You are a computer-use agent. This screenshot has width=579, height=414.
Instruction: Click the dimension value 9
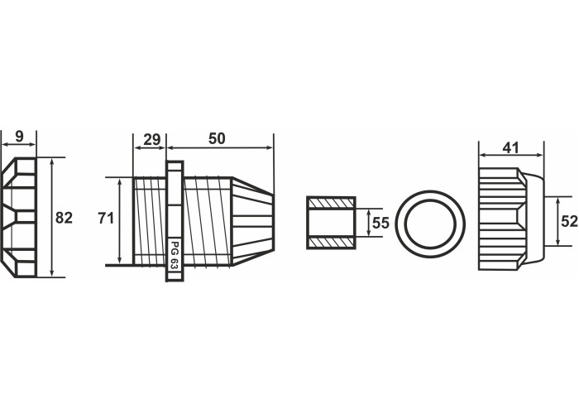[19, 137]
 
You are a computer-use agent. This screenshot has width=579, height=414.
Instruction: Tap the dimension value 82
[64, 218]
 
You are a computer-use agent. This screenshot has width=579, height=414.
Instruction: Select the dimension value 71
[106, 219]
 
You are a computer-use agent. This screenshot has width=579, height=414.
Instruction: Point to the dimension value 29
[151, 140]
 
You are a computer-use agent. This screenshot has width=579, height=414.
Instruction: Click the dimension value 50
[217, 138]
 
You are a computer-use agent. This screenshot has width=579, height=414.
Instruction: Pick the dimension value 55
[380, 223]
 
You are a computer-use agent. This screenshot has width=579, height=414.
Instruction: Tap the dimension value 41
[510, 148]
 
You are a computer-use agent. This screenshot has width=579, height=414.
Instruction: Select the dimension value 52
[569, 221]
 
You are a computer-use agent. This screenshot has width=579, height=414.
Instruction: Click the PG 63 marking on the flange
[175, 256]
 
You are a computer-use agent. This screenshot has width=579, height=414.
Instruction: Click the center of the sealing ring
[430, 224]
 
